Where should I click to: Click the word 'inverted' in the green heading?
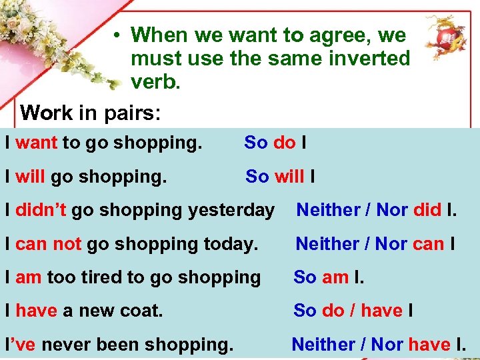point(366,59)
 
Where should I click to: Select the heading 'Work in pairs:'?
point(90,112)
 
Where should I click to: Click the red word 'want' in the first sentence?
point(36,143)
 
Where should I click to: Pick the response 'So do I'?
point(275,143)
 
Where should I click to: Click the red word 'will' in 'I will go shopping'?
point(29,177)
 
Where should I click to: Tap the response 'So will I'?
point(280,177)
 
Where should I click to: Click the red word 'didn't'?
point(41,210)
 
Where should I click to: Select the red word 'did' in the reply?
point(427,210)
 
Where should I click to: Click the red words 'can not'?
point(48,244)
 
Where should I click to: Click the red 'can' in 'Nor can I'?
point(429,244)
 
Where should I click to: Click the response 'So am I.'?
point(329,277)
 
